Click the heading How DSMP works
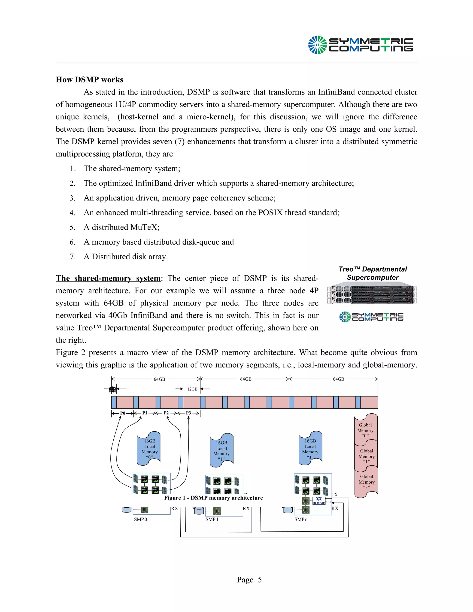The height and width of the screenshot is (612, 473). pos(89,80)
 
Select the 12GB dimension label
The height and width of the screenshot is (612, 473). pos(192,389)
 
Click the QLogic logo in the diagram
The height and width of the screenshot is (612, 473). pos(318,501)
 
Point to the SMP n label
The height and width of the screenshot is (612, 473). pos(301,519)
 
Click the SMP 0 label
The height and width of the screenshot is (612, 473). pos(140,519)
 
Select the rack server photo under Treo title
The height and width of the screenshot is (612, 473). pos(372,295)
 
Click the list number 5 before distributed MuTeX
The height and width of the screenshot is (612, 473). pos(72,227)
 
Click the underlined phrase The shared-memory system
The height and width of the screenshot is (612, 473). pos(108,278)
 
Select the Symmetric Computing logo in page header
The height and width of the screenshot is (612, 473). pos(360,45)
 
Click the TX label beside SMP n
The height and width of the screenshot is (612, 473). pos(335,495)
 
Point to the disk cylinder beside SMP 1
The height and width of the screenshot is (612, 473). pos(199,510)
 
